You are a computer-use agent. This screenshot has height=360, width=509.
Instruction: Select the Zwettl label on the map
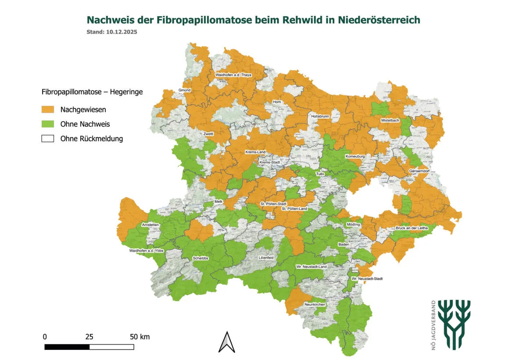[208, 134]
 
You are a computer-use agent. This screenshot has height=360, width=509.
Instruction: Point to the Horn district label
[276, 102]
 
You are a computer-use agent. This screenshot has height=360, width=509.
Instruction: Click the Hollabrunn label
[319, 117]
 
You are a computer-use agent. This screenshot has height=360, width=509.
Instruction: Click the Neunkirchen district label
[314, 304]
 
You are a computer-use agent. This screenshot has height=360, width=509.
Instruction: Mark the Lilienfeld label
[266, 258]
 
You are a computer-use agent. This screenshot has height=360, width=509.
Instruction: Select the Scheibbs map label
[201, 259]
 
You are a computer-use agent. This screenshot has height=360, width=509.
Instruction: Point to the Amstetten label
[151, 225]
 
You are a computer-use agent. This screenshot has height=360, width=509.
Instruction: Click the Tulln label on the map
[320, 174]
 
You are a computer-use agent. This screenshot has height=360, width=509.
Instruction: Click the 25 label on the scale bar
[89, 337]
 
